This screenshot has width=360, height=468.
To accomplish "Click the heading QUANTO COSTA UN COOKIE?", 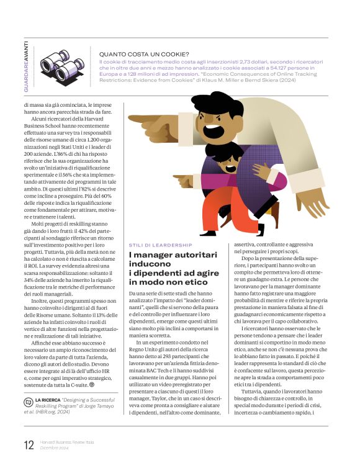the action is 144,54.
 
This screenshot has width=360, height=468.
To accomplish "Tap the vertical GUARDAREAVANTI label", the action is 25,68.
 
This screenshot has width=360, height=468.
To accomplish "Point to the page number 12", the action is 29,444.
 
